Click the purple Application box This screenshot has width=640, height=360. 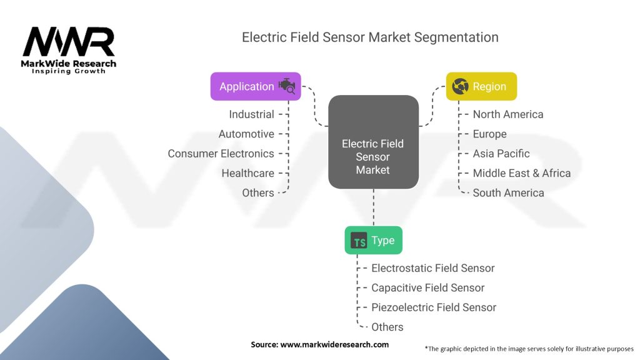click(x=256, y=86)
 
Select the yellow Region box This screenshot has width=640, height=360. click(x=481, y=86)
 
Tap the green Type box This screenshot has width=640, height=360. click(x=374, y=241)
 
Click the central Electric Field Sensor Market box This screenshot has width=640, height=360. click(x=374, y=142)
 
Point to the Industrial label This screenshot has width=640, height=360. click(x=251, y=114)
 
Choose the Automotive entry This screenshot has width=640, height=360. click(x=246, y=134)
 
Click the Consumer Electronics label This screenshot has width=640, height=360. click(x=221, y=154)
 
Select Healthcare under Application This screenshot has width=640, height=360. click(x=247, y=173)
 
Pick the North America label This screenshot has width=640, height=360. click(x=508, y=114)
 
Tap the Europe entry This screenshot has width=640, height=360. click(x=490, y=134)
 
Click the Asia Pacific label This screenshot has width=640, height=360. click(x=501, y=154)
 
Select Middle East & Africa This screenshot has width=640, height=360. click(x=522, y=173)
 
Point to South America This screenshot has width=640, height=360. click(x=509, y=192)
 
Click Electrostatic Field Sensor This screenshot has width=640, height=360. click(x=433, y=268)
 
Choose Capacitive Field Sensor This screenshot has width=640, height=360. click(x=427, y=287)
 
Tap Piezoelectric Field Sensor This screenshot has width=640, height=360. click(x=434, y=307)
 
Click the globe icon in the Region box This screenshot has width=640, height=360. click(x=461, y=86)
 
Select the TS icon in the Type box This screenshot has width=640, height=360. click(x=359, y=241)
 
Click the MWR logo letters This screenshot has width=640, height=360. click(x=69, y=42)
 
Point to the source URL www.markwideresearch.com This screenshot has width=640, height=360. click(x=335, y=344)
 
